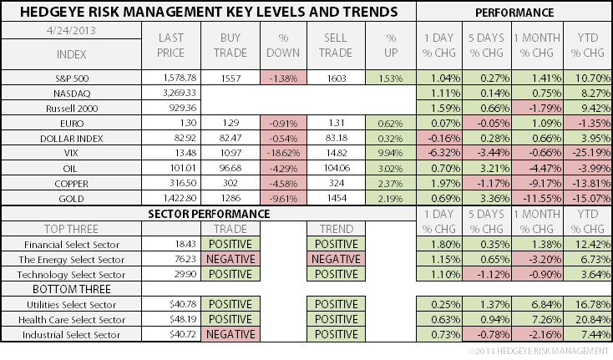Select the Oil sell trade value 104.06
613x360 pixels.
click(x=335, y=168)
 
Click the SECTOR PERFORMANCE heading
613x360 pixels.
click(x=209, y=214)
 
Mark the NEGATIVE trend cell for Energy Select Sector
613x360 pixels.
click(x=336, y=259)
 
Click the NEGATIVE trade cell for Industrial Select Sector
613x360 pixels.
click(x=231, y=334)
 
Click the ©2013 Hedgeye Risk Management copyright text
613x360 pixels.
click(x=538, y=351)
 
